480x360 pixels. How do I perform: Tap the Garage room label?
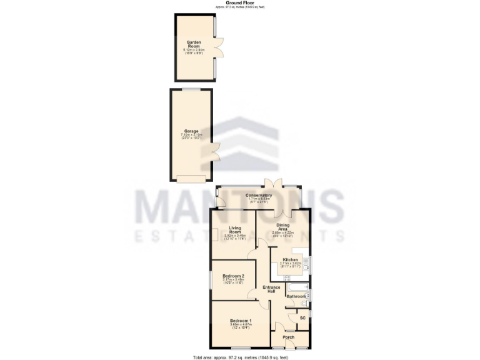(x=191, y=131)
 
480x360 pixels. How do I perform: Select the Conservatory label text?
(x=258, y=196)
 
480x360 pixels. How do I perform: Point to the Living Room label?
(x=236, y=229)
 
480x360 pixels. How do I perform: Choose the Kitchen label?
(x=291, y=259)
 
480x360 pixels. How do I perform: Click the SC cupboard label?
(x=302, y=318)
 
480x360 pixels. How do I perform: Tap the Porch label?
(x=288, y=337)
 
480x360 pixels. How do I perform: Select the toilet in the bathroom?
(x=304, y=304)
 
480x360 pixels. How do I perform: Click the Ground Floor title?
(x=239, y=2)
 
